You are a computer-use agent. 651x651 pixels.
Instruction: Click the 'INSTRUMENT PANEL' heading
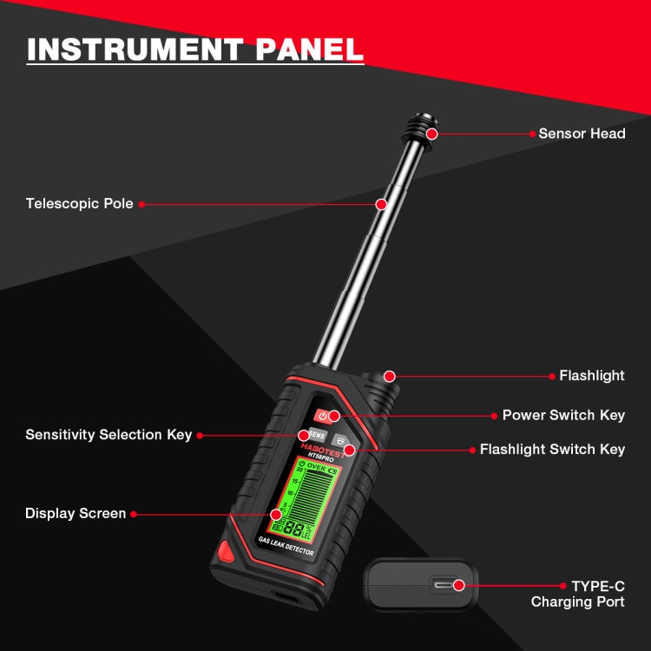click(x=194, y=49)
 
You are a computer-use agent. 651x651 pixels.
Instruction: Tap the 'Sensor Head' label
click(x=582, y=134)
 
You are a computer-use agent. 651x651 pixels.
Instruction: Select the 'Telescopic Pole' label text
click(x=79, y=204)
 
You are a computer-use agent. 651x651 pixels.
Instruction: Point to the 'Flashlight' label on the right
click(x=591, y=376)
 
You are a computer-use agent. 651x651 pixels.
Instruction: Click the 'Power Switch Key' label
click(x=563, y=415)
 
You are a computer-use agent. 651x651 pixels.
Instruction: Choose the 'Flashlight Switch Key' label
click(x=552, y=450)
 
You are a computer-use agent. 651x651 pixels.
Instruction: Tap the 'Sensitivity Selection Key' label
click(x=108, y=434)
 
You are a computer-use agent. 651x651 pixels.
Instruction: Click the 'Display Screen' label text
click(x=76, y=514)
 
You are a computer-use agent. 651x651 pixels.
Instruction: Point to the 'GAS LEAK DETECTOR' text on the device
click(x=286, y=547)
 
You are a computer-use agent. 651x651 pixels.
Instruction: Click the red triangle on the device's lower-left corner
click(x=227, y=550)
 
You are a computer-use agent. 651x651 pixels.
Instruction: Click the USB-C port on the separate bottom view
click(x=448, y=585)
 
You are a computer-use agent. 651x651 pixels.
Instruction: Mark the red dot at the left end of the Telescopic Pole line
click(x=141, y=204)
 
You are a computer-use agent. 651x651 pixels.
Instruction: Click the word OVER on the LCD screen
click(x=317, y=466)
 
